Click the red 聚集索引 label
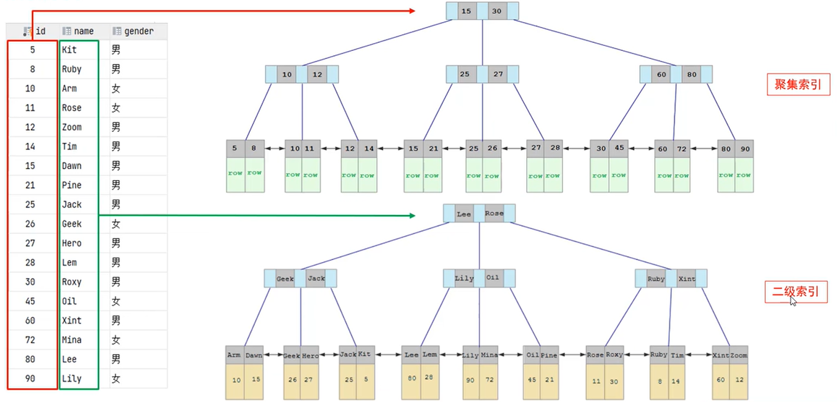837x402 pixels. click(x=798, y=84)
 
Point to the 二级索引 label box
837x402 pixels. click(x=795, y=292)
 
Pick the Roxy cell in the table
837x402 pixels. click(x=72, y=282)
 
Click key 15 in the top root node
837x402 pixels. click(x=467, y=11)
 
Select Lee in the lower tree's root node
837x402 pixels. click(x=464, y=214)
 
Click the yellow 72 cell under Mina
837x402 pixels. click(x=490, y=380)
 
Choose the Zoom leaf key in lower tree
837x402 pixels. click(x=739, y=355)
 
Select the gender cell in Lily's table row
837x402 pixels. click(x=116, y=379)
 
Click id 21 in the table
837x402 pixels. click(x=30, y=185)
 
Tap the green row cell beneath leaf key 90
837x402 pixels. click(x=743, y=175)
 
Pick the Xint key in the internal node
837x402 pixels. click(x=687, y=279)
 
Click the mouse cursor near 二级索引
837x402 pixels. click(x=793, y=300)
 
